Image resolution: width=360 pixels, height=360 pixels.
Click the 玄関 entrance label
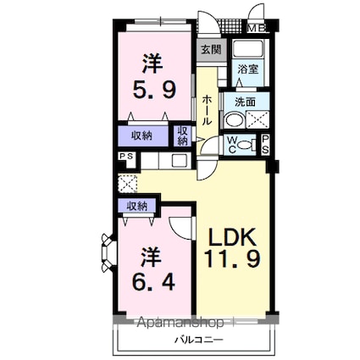[x=211, y=50]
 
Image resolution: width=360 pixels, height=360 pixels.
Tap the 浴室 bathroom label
[x=248, y=69]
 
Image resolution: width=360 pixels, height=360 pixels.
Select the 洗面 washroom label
[x=246, y=102]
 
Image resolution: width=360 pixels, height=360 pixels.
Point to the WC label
[x=232, y=145]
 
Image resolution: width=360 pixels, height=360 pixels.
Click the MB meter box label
[x=257, y=28]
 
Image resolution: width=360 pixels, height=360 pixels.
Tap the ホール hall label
[x=207, y=110]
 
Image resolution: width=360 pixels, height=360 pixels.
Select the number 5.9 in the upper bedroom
[x=154, y=89]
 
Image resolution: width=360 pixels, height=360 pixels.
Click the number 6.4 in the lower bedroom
[x=154, y=281]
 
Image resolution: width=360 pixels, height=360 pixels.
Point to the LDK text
[x=232, y=236]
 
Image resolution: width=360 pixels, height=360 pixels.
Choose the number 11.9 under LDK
[x=232, y=258]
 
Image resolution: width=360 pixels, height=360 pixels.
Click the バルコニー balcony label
[x=198, y=339]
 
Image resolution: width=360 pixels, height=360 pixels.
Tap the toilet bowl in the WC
[x=245, y=145]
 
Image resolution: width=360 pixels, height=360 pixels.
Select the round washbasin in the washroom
[x=235, y=121]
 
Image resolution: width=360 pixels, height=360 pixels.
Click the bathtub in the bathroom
[x=248, y=49]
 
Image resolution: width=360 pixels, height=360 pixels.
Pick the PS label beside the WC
[x=265, y=145]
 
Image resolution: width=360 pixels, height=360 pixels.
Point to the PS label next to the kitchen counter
[x=126, y=156]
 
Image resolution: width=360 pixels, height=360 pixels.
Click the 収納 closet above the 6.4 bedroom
[x=136, y=207]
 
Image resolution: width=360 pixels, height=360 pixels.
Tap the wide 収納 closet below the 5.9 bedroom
[x=143, y=136]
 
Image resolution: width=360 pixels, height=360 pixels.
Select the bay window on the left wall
[x=108, y=252]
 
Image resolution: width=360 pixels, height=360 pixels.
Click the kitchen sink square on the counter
[x=180, y=161]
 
